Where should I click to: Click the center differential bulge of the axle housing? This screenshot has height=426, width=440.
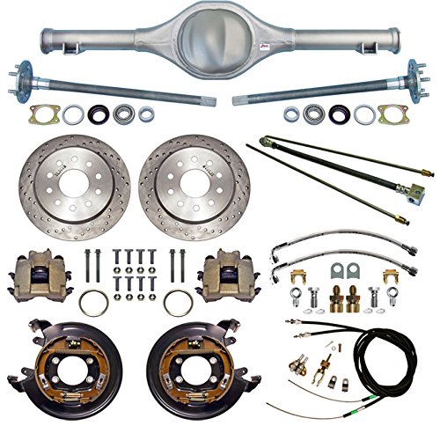pyautogui.click(x=220, y=33)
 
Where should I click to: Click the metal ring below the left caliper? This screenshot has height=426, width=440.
pyautogui.click(x=95, y=304)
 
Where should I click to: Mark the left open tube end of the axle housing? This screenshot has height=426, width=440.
pyautogui.click(x=46, y=39)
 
